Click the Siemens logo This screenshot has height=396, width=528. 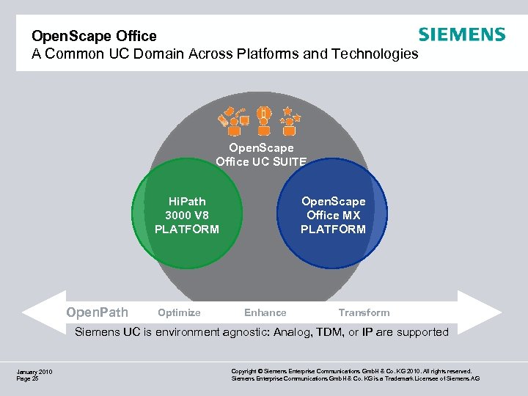[461, 34]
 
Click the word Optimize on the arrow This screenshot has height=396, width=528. [179, 312]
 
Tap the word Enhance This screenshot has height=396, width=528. [265, 312]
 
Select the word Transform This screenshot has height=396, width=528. [364, 312]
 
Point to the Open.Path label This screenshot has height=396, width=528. [97, 312]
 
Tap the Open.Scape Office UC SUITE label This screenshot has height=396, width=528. [260, 155]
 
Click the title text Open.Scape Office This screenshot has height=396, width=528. [94, 36]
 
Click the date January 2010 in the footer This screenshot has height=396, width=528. [34, 372]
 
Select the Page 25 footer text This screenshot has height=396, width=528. [27, 379]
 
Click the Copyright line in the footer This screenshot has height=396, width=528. [351, 372]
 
